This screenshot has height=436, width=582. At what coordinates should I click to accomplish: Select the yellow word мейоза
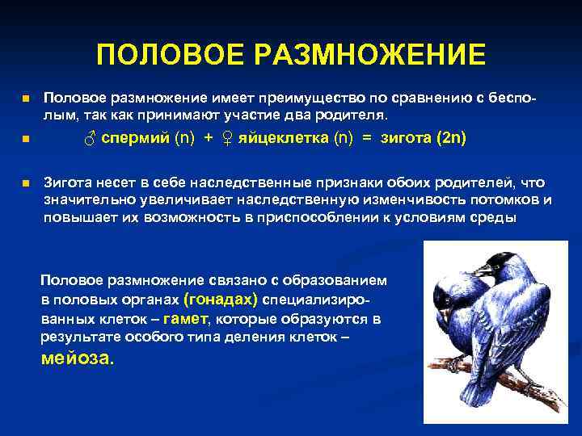click(78, 358)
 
